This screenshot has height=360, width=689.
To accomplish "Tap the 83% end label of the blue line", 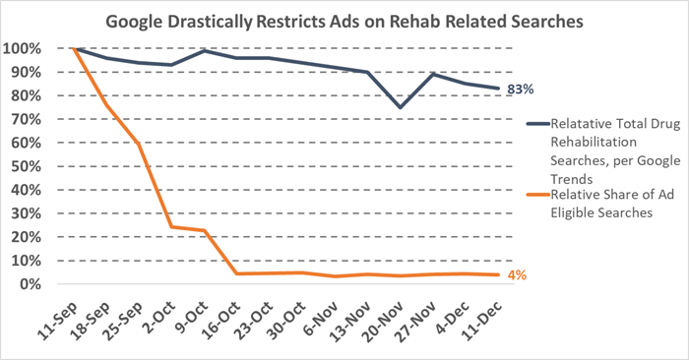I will click(x=521, y=90).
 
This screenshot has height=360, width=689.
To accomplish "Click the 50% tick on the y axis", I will click(x=25, y=166).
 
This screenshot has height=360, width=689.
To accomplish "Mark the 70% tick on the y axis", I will click(x=25, y=120).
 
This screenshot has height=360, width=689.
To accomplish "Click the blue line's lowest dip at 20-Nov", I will click(x=399, y=107).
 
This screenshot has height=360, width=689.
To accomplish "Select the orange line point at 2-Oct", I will click(x=171, y=227).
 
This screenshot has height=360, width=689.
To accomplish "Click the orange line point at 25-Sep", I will click(x=139, y=144).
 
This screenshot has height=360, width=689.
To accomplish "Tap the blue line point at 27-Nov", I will click(x=431, y=74).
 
